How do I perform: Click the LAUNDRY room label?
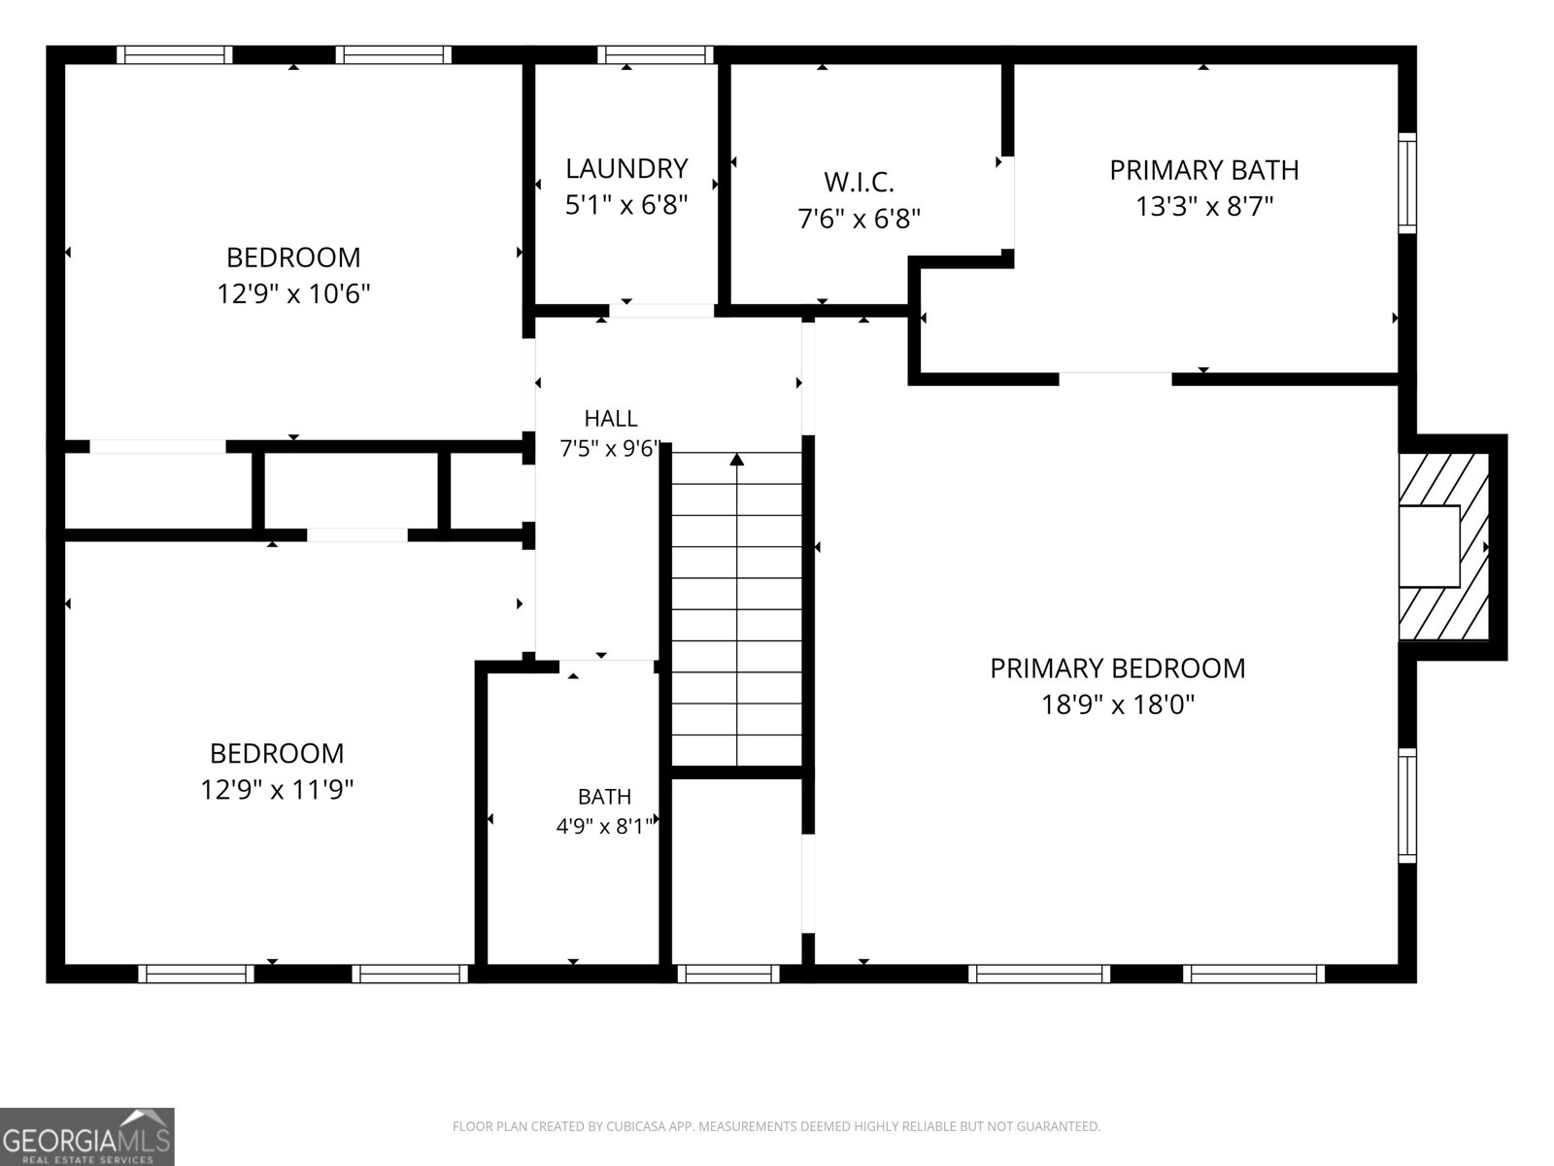point(626,168)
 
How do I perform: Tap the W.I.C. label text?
point(859,183)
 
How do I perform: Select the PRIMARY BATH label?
point(1203,170)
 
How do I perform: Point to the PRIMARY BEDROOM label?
point(1117,669)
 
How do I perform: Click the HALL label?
point(611,419)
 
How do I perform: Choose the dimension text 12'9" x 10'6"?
point(293,293)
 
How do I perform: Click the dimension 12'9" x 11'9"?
point(277,789)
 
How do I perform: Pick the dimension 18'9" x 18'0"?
point(1117,704)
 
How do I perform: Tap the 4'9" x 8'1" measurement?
point(604,826)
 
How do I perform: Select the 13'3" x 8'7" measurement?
point(1204,207)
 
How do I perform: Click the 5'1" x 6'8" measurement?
point(626,205)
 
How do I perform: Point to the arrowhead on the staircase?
point(737,460)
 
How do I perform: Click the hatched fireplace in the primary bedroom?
point(1443,546)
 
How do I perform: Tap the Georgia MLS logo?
point(86,1136)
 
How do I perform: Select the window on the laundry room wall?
point(656,54)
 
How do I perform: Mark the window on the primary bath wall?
point(1407,183)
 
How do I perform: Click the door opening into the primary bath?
point(1115,379)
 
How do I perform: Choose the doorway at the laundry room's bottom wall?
point(661,310)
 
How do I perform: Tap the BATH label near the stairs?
point(605,797)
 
